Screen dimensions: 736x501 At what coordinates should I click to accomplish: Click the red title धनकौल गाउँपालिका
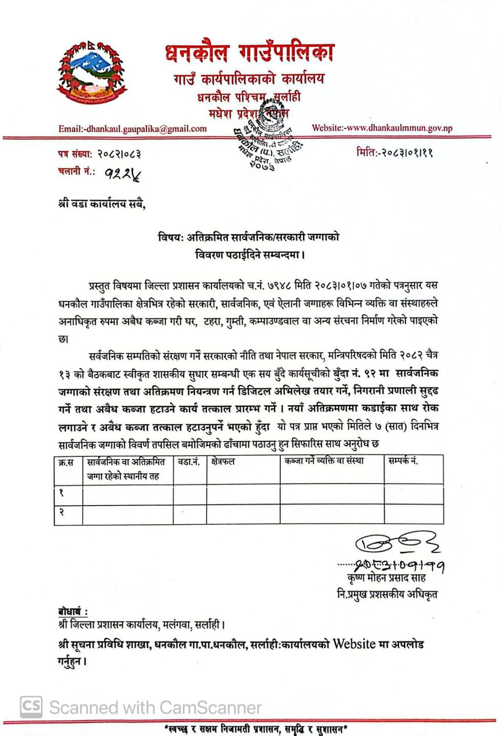tap(250, 53)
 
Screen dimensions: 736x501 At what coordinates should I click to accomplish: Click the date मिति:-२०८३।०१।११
tap(395, 152)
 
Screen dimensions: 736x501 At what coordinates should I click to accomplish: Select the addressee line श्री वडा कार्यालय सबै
tap(102, 204)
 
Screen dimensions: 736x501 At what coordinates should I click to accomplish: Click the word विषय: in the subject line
tap(170, 237)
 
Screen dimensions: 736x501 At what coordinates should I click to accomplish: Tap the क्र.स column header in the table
tap(66, 462)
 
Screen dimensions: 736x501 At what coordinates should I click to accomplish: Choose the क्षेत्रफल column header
tap(223, 462)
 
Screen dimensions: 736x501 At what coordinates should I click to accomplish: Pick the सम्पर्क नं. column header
tap(403, 461)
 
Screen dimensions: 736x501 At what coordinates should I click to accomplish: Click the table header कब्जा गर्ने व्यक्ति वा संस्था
tap(324, 461)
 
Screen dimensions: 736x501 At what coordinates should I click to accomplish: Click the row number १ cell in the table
tap(62, 493)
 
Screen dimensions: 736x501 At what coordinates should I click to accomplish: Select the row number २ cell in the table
tap(62, 512)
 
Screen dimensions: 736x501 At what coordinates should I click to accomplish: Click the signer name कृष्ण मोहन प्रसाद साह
tap(386, 578)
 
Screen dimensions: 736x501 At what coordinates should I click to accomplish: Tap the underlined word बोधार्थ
tap(72, 612)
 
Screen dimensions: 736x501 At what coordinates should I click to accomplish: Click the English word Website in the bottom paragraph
tap(354, 644)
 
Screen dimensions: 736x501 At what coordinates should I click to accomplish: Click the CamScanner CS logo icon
tap(31, 707)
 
